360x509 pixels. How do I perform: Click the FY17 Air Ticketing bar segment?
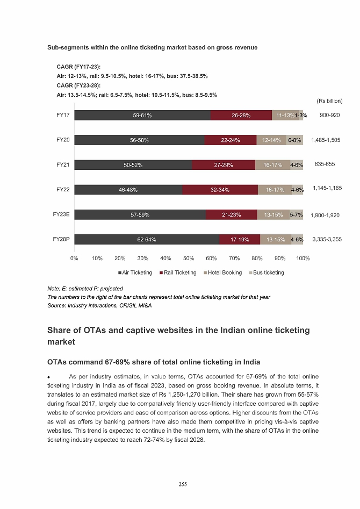tap(142, 115)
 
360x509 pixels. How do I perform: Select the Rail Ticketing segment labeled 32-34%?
tap(220, 190)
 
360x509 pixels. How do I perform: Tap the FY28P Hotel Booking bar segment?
tap(275, 240)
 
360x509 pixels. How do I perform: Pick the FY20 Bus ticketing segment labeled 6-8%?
tap(294, 140)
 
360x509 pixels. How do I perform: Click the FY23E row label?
tap(61, 214)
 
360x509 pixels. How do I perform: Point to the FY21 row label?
tap(63, 164)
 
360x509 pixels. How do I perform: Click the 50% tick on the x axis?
tap(189, 258)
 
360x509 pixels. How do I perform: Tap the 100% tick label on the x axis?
tap(303, 258)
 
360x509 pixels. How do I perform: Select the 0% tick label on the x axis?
tap(74, 258)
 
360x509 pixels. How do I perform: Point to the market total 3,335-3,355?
tap(327, 239)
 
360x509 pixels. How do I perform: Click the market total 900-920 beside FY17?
tap(329, 115)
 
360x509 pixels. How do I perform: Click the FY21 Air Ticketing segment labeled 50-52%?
tap(133, 165)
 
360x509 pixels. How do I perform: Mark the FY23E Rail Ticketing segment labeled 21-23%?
tap(231, 215)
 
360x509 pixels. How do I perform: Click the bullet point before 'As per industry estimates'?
tap(49, 376)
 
